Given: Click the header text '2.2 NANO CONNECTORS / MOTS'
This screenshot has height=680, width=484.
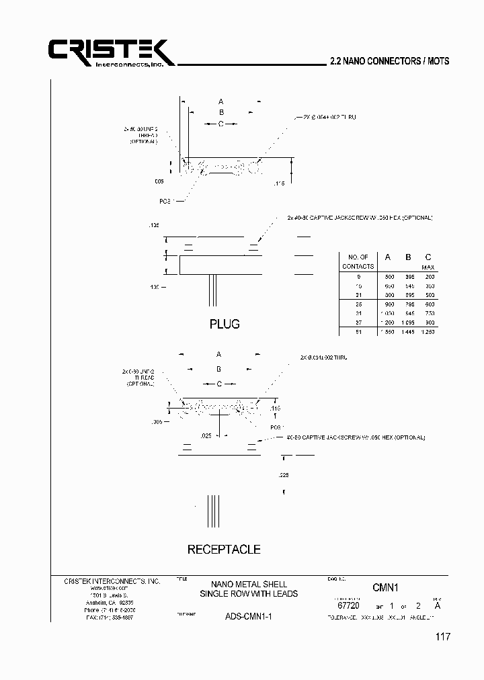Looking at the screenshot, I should [390, 60].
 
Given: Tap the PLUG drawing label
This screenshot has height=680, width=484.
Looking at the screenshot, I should [225, 324].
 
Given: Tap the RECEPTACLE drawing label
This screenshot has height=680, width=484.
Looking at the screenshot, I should [224, 549].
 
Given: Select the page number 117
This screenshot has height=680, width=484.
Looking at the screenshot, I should [441, 637].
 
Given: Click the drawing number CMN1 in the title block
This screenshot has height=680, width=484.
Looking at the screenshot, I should [386, 587].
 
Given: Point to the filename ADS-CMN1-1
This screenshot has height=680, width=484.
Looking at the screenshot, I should [248, 616].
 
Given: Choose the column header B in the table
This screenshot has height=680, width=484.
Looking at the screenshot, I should [407, 257].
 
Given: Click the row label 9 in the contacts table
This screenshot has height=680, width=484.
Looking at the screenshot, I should [358, 276].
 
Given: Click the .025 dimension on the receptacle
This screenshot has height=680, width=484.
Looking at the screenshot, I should [206, 436].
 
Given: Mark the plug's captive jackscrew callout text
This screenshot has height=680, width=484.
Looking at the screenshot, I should [360, 218].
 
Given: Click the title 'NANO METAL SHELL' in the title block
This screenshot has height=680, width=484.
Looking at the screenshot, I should [248, 584].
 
